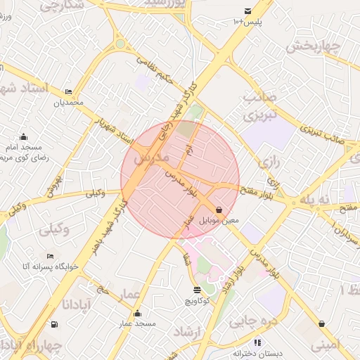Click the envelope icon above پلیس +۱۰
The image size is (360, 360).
coord(247,11)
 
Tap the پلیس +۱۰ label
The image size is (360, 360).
coord(247,22)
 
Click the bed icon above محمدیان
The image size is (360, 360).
coord(68,92)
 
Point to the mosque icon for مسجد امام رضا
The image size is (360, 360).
coord(25,136)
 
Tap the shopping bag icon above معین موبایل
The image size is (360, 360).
coord(219,210)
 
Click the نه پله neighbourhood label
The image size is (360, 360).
coord(314,200)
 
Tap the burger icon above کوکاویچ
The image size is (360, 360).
coord(196,290)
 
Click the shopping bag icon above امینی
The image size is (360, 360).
coord(322,324)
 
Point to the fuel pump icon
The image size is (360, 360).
coord(54,324)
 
